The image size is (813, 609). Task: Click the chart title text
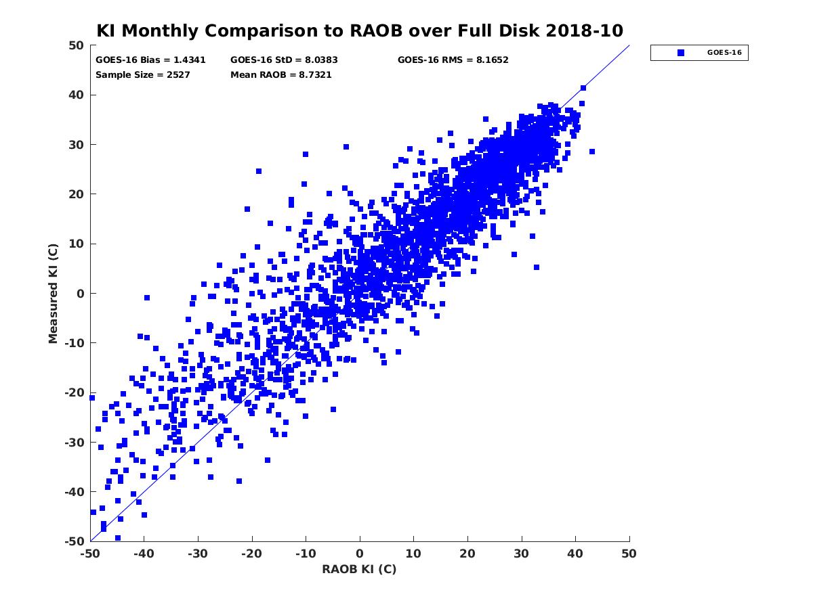click(x=360, y=30)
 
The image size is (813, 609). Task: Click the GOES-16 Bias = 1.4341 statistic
click(x=141, y=60)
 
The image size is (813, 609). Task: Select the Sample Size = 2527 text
click(x=143, y=74)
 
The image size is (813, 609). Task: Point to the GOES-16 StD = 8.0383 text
click(x=284, y=60)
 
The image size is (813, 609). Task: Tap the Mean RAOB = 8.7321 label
click(x=281, y=74)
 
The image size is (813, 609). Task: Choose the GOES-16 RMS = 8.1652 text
click(x=453, y=60)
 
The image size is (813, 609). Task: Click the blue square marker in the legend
click(x=681, y=52)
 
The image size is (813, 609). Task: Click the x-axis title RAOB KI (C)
click(x=359, y=569)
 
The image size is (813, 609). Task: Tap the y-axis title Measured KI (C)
click(x=53, y=293)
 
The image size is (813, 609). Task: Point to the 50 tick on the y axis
click(x=77, y=45)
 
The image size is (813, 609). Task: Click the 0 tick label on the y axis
click(x=80, y=293)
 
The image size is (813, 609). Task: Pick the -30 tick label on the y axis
click(x=74, y=442)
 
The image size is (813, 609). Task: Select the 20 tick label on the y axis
click(x=77, y=194)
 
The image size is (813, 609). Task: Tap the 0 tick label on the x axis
click(x=360, y=554)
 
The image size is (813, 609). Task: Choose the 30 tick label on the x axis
click(x=522, y=554)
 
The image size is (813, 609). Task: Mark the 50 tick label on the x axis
click(x=629, y=554)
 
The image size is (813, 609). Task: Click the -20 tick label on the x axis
click(x=251, y=554)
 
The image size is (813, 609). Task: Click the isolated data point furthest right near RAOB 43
click(x=592, y=152)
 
